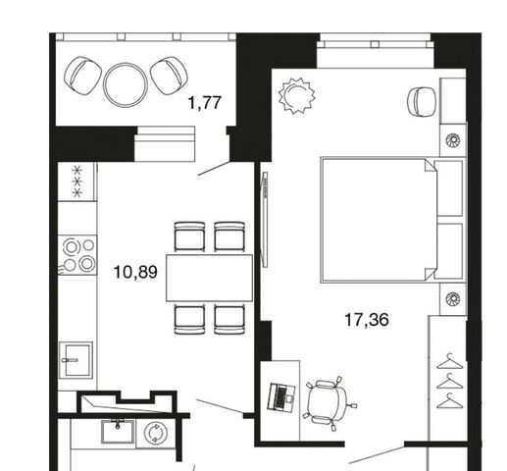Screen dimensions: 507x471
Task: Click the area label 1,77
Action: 205,103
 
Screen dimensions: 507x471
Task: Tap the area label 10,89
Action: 135,272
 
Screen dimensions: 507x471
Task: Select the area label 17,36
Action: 367,320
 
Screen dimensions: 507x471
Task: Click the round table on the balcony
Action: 126,84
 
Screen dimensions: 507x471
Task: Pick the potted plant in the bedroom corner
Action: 297,95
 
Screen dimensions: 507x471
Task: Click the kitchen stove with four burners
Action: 77,255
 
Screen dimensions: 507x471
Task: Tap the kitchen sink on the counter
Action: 76,360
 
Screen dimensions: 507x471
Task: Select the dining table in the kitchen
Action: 209,278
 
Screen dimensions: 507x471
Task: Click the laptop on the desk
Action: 281,397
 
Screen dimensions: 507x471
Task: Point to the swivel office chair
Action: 328,403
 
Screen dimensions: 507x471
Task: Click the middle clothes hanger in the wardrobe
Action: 450,381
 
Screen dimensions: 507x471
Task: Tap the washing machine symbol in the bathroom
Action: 156,433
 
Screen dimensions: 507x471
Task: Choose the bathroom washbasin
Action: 118,431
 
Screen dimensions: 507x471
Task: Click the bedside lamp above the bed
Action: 453,140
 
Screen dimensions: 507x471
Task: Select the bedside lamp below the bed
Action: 453,298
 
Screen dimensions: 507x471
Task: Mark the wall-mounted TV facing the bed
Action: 265,220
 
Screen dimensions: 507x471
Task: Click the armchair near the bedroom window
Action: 422,101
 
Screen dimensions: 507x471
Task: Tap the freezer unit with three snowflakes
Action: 77,182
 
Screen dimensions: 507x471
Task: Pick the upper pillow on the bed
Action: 449,188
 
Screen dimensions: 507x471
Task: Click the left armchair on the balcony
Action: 83,76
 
